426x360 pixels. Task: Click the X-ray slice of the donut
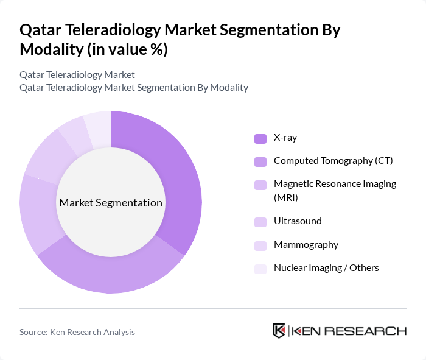click(176, 177)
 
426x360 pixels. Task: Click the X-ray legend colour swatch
click(260, 138)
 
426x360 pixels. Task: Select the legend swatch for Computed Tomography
click(260, 161)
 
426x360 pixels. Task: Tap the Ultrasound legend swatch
click(260, 222)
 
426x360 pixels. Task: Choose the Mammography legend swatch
click(260, 245)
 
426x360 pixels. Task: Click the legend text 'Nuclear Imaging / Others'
click(326, 268)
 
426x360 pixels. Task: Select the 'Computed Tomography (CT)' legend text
click(333, 161)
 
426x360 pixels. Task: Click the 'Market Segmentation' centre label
click(111, 203)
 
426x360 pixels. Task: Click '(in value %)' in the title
click(127, 49)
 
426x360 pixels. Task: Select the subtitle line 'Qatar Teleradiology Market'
click(77, 75)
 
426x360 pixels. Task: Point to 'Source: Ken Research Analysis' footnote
click(77, 332)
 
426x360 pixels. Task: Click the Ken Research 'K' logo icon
click(279, 331)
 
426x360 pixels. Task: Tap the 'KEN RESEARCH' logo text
click(349, 331)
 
